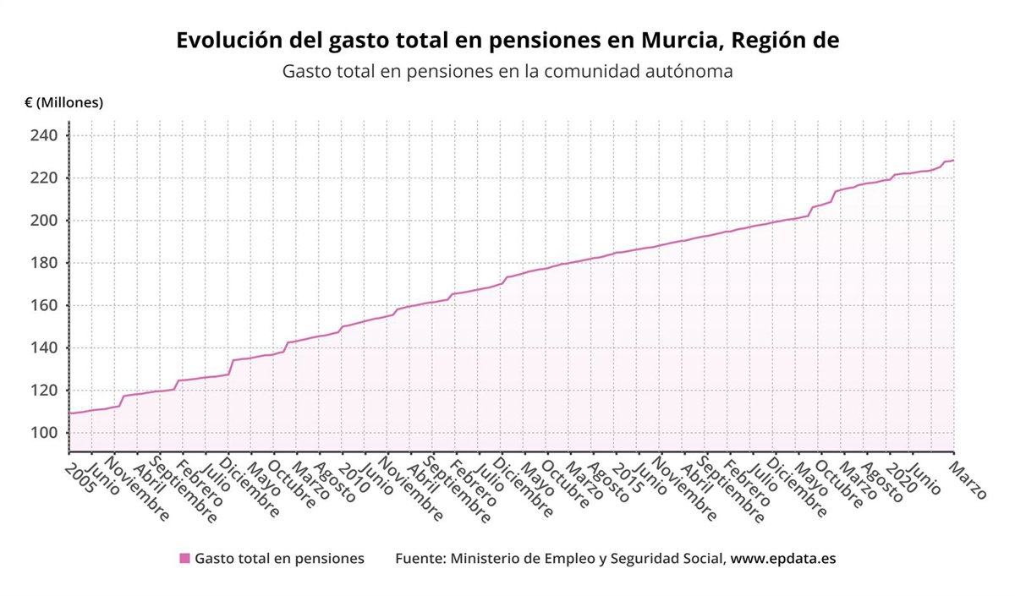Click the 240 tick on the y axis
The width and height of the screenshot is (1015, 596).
[43, 136]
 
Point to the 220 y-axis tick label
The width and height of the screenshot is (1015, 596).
[43, 178]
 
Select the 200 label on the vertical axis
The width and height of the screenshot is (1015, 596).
[43, 221]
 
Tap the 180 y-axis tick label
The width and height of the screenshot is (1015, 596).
[43, 263]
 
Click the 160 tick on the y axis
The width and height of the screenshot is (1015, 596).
[43, 305]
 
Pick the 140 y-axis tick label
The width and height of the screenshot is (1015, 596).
[43, 347]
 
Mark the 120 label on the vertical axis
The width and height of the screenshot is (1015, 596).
[43, 391]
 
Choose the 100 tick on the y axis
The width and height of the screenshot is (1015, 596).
[43, 433]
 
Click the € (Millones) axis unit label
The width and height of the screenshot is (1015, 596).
[63, 102]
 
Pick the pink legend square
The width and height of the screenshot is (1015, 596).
[184, 558]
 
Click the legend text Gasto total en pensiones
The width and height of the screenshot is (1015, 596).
[279, 558]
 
